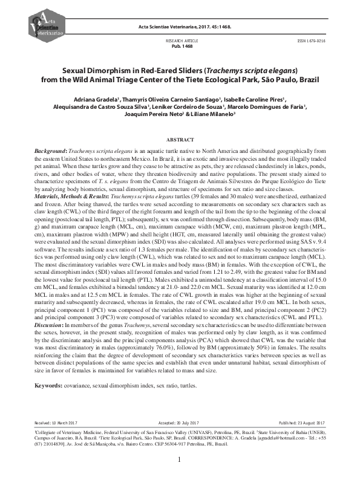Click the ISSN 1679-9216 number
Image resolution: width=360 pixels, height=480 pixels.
click(311, 41)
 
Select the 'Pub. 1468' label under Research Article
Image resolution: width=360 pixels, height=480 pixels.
click(180, 46)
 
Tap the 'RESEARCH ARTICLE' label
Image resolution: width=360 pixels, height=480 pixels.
click(180, 41)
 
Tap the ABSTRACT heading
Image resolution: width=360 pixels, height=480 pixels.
click(180, 139)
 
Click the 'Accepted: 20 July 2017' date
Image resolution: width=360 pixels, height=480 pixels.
click(180, 423)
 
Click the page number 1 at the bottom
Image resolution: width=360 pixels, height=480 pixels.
click(180, 459)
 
